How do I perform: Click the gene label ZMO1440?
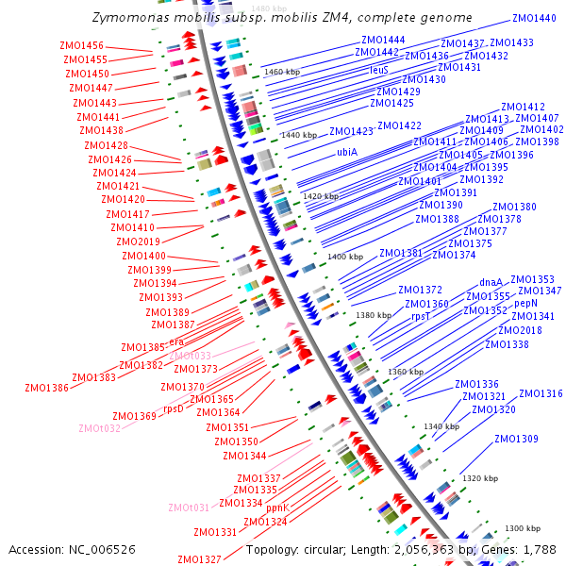click(534, 18)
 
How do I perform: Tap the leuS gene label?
click(378, 70)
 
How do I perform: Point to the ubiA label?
click(346, 151)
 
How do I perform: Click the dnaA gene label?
click(491, 281)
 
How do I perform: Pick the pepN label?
click(525, 304)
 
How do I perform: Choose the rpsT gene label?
click(421, 317)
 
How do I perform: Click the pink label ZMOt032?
click(99, 427)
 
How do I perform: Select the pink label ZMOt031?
click(189, 508)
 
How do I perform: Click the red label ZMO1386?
click(46, 387)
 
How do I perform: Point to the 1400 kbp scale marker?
click(344, 257)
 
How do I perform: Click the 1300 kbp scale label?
click(522, 528)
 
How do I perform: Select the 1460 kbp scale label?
click(282, 71)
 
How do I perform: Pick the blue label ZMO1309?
click(516, 439)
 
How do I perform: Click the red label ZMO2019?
click(139, 241)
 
